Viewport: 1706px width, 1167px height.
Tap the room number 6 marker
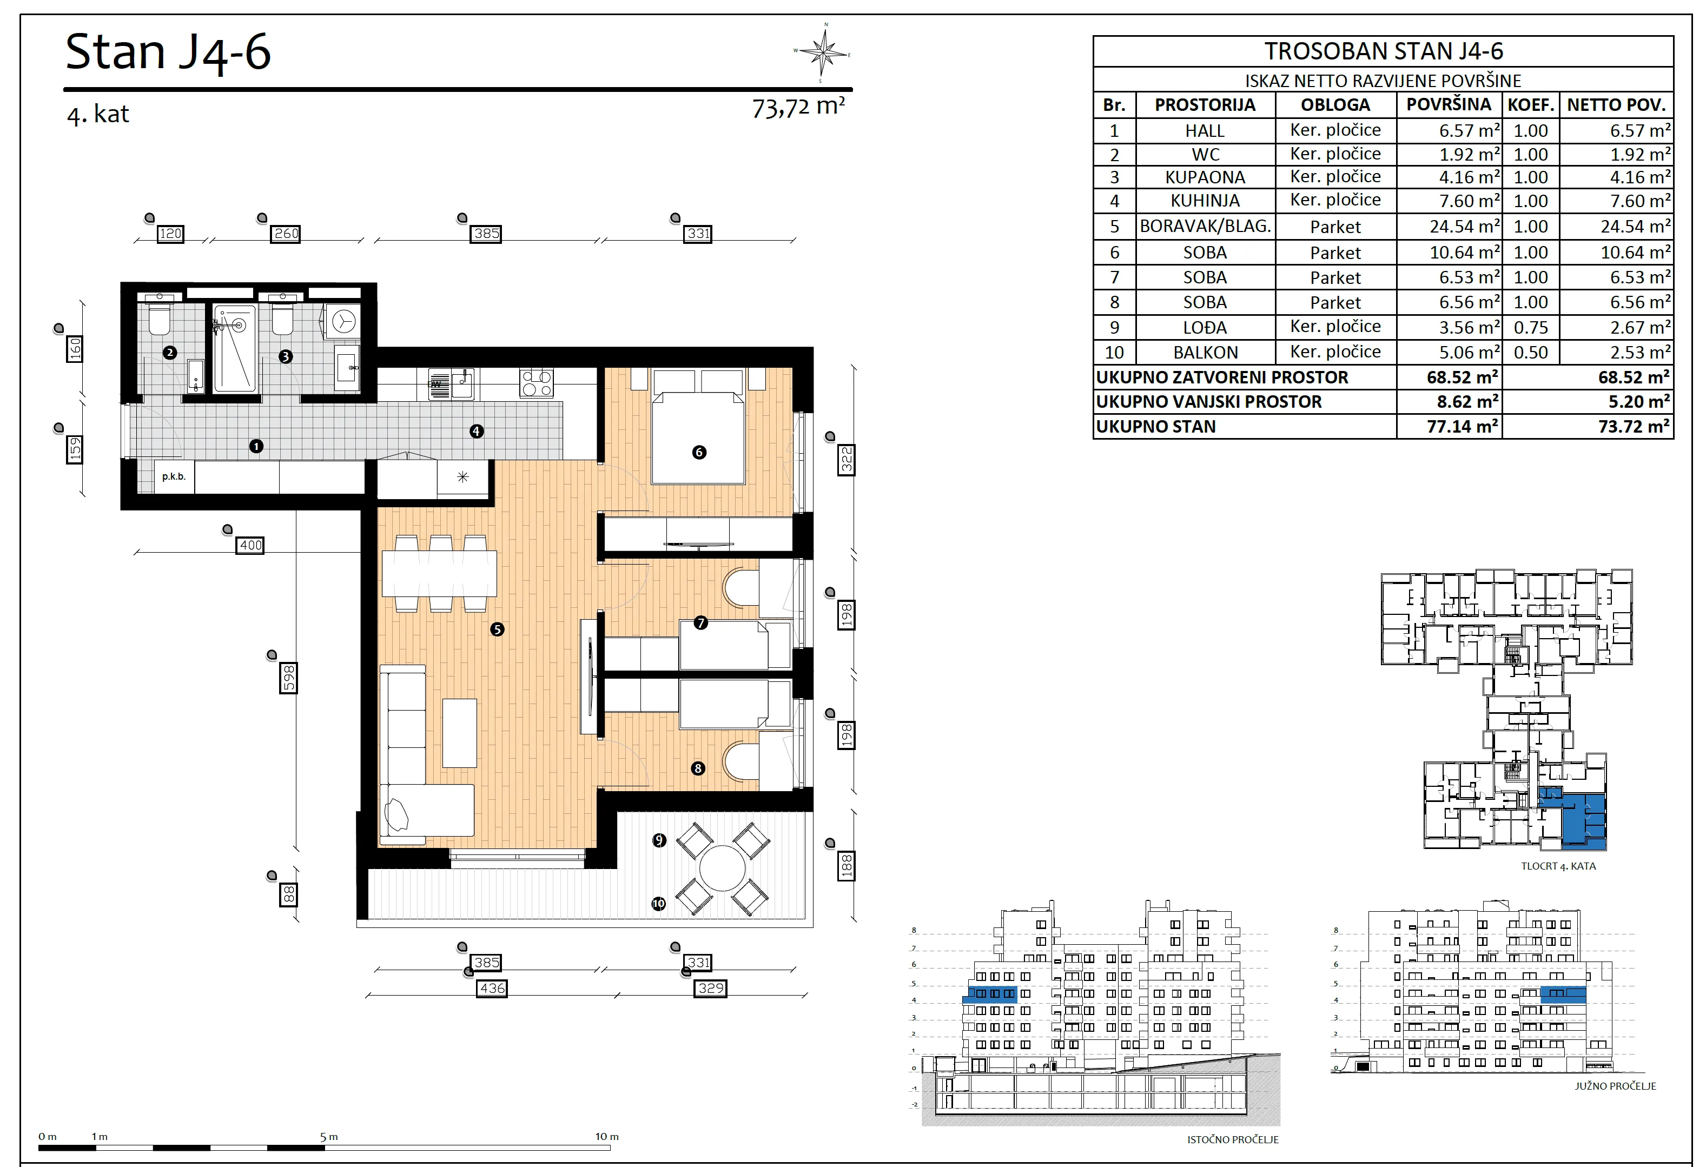coord(699,452)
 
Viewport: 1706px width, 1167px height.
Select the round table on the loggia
coord(722,868)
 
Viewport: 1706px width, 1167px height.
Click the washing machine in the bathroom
coord(343,321)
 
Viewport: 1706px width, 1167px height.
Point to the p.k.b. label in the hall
coord(174,477)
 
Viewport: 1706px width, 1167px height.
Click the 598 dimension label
coord(288,678)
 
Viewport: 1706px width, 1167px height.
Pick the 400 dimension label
coord(250,545)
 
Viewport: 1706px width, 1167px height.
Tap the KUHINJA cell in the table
coord(1205,201)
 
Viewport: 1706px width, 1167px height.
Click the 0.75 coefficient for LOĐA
coord(1531,327)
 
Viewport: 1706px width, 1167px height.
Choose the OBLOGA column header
coord(1335,105)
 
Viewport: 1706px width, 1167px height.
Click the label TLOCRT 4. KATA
coord(1558,866)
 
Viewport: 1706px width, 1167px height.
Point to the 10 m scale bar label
coord(607,1136)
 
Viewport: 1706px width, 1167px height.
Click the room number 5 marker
coord(497,629)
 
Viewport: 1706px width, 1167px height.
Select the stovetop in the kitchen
coord(537,382)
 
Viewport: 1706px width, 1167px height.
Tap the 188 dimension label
coord(847,866)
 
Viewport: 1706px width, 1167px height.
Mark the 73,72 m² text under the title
coord(798,107)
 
